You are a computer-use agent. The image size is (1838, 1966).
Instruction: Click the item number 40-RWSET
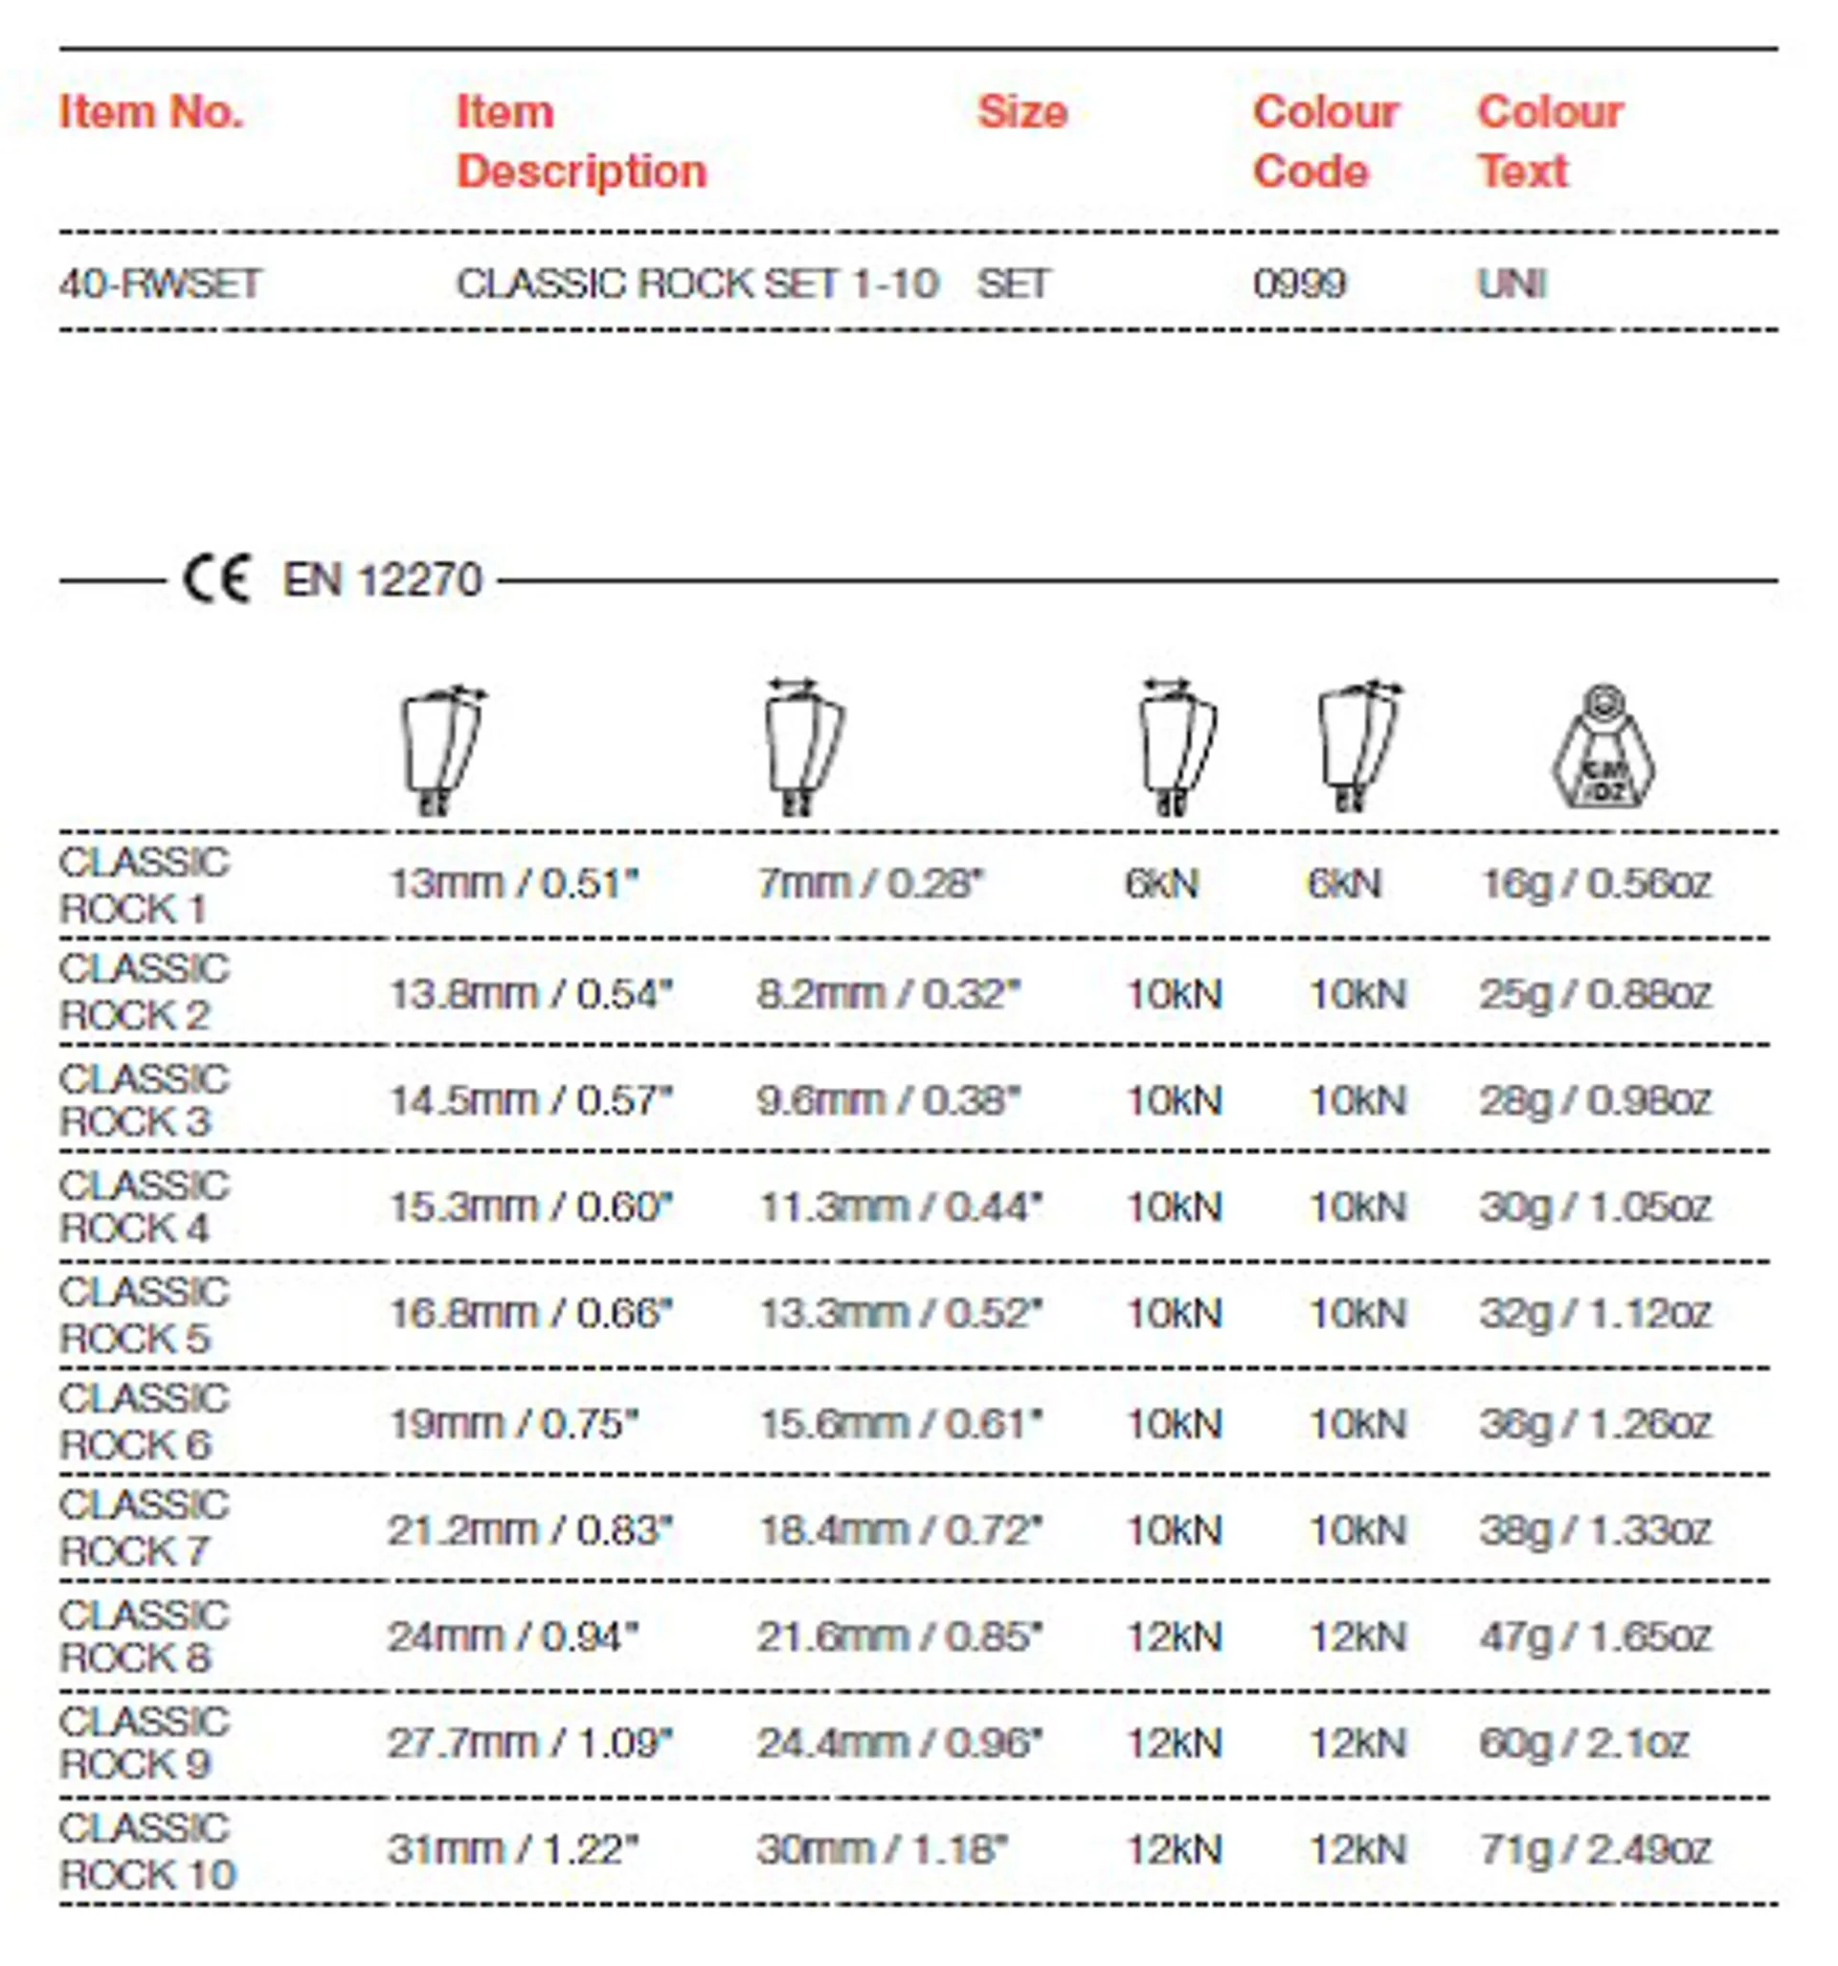pos(159,284)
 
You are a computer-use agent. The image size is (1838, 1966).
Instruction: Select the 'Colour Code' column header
pos(1325,142)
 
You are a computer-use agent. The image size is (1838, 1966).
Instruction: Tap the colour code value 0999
pos(1298,284)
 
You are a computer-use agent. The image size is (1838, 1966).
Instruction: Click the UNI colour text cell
pos(1511,284)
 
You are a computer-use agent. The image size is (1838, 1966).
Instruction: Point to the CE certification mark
pos(216,579)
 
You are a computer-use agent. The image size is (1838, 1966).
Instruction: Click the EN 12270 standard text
pos(383,579)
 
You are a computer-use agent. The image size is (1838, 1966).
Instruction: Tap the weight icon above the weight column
pos(1603,748)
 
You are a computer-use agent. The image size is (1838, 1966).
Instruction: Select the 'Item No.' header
pos(151,112)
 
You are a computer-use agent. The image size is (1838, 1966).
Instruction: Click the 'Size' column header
pos(1021,112)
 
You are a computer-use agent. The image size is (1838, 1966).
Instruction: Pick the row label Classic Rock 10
pos(147,1850)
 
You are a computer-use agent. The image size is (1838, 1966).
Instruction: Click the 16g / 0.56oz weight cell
pos(1595,883)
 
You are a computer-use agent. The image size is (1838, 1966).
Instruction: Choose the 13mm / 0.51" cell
pos(514,883)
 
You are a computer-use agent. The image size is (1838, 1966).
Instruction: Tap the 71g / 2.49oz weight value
pos(1595,1848)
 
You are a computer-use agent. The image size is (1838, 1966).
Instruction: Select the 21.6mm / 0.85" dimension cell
pos(900,1637)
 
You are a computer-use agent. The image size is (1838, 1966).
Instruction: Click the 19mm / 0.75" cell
pos(514,1424)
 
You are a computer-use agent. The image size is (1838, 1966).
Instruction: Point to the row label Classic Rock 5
pos(144,1315)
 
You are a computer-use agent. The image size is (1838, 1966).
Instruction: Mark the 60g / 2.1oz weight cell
pos(1583,1743)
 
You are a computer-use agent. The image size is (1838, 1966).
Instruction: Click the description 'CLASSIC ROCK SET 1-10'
pos(697,284)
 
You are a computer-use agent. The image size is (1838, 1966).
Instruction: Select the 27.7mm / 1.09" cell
pos(530,1743)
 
